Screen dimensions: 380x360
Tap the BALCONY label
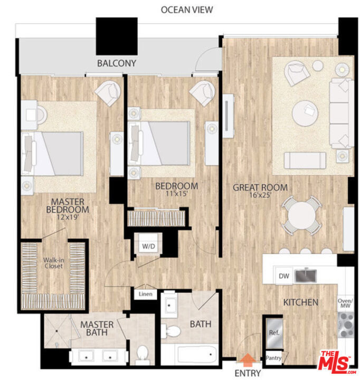point(117,63)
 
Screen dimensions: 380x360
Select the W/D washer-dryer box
point(146,246)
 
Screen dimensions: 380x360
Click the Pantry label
point(273,358)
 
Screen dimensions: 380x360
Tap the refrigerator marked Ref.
point(274,333)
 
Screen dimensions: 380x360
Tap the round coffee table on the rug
point(305,113)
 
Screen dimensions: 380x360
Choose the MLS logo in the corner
point(336,361)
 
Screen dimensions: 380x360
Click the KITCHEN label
point(301,302)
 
